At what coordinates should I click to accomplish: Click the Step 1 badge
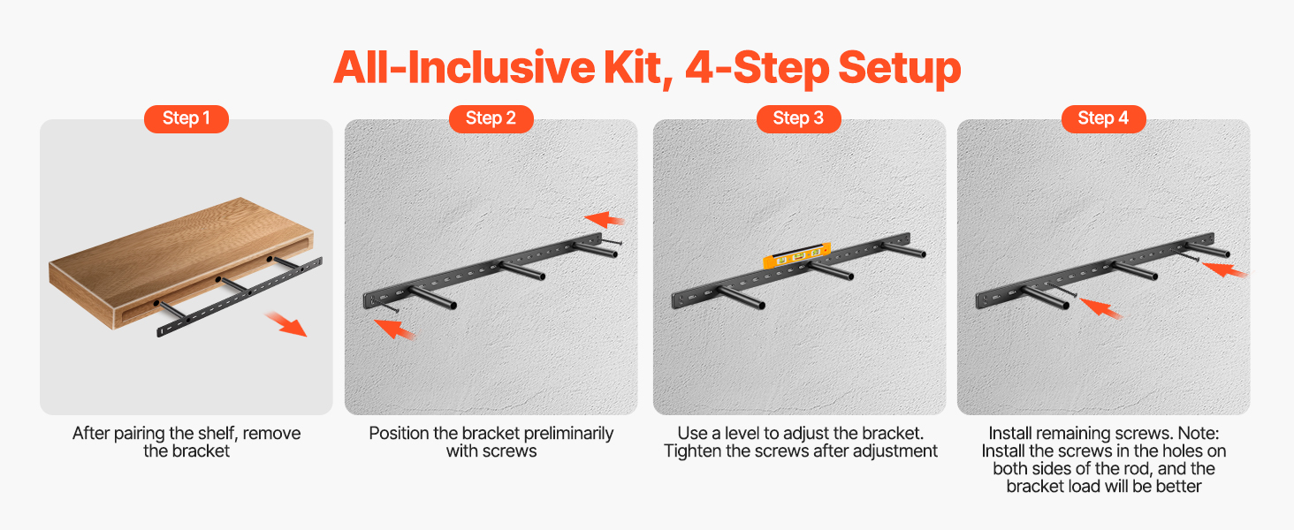186,119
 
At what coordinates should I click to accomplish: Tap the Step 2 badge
491,119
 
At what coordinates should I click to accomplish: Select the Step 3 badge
798,119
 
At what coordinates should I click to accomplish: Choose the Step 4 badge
1103,119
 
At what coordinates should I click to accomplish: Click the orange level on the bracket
797,256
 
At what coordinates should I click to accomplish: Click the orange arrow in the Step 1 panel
285,324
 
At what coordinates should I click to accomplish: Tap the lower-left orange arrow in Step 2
394,329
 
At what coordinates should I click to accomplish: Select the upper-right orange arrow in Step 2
605,219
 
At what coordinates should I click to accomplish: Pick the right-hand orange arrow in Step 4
1225,269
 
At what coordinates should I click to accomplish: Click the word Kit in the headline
639,69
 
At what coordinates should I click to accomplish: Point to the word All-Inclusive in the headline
464,68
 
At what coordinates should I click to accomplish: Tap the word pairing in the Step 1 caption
138,435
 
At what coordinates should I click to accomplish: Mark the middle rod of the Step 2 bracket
522,271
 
